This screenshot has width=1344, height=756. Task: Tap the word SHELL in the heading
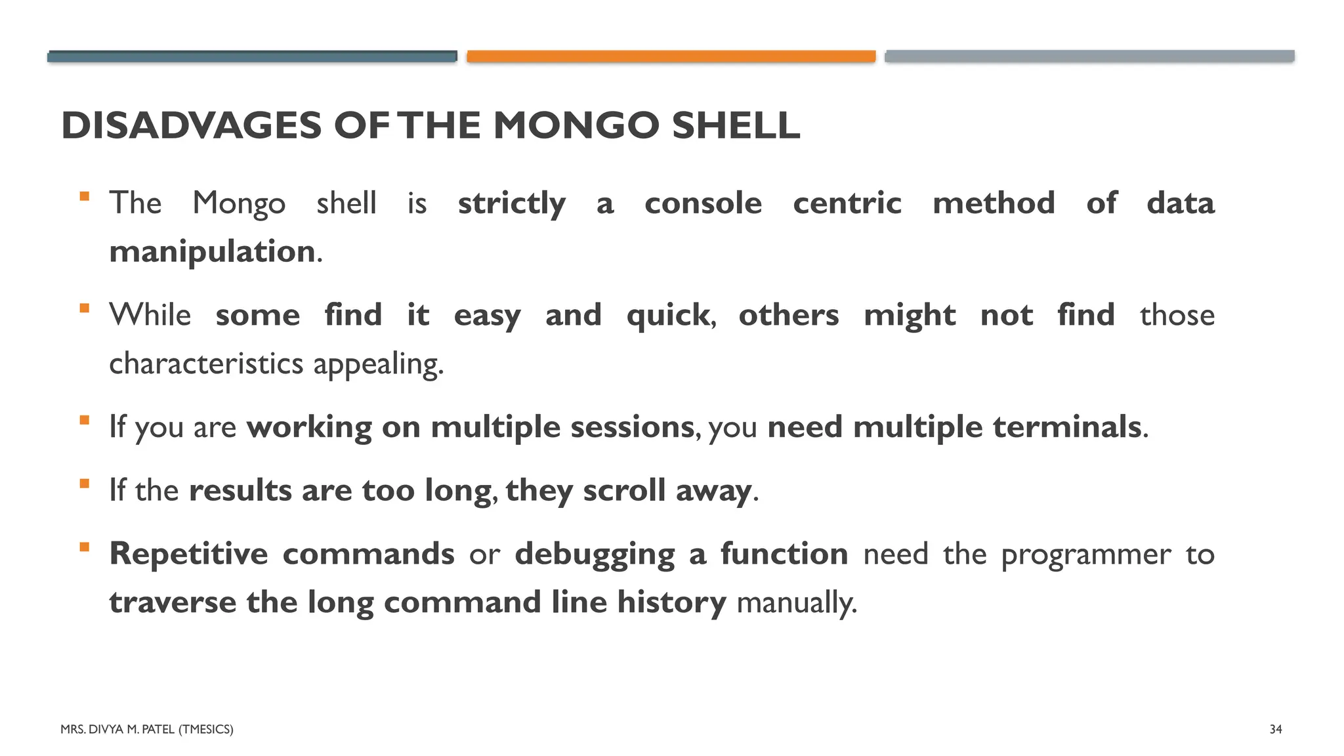736,125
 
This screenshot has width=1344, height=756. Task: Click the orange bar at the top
671,56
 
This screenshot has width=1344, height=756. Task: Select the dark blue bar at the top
252,56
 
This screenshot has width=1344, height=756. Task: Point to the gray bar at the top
1089,56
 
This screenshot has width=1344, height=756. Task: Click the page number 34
1276,729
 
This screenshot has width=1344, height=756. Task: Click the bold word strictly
511,203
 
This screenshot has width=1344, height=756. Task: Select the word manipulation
212,252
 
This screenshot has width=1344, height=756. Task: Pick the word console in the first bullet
703,203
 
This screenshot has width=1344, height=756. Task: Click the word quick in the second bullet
668,316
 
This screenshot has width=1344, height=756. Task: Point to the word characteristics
206,364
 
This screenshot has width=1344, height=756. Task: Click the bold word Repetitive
188,554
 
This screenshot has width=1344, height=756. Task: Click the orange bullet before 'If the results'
84,484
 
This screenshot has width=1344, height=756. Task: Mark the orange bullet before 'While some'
84,308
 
